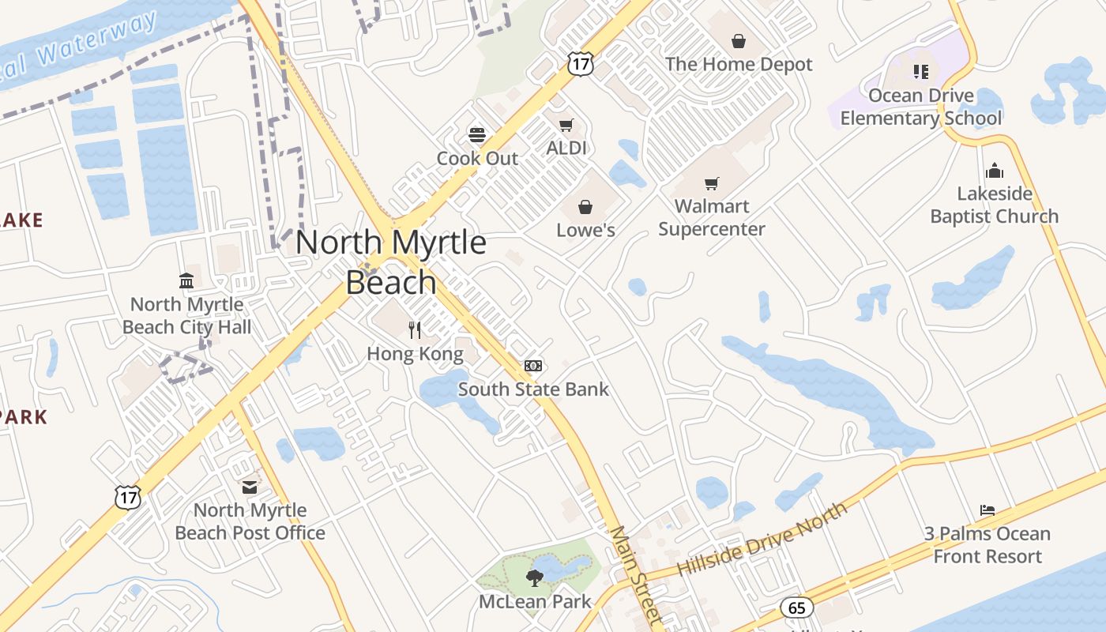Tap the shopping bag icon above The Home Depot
(739, 41)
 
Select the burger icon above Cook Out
(477, 134)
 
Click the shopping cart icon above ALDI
(566, 125)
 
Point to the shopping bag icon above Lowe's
(585, 207)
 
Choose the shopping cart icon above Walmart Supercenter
(712, 184)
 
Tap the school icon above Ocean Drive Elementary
(920, 72)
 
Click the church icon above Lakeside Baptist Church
(994, 171)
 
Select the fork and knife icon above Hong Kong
(415, 329)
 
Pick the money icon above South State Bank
(533, 366)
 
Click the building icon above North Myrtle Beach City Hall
(186, 280)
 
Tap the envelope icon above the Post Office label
(250, 487)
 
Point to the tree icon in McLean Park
(535, 577)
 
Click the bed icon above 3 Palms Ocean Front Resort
(987, 510)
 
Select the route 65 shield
(796, 608)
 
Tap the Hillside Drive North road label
(762, 539)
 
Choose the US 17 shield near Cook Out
(580, 64)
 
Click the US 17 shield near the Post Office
(127, 497)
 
